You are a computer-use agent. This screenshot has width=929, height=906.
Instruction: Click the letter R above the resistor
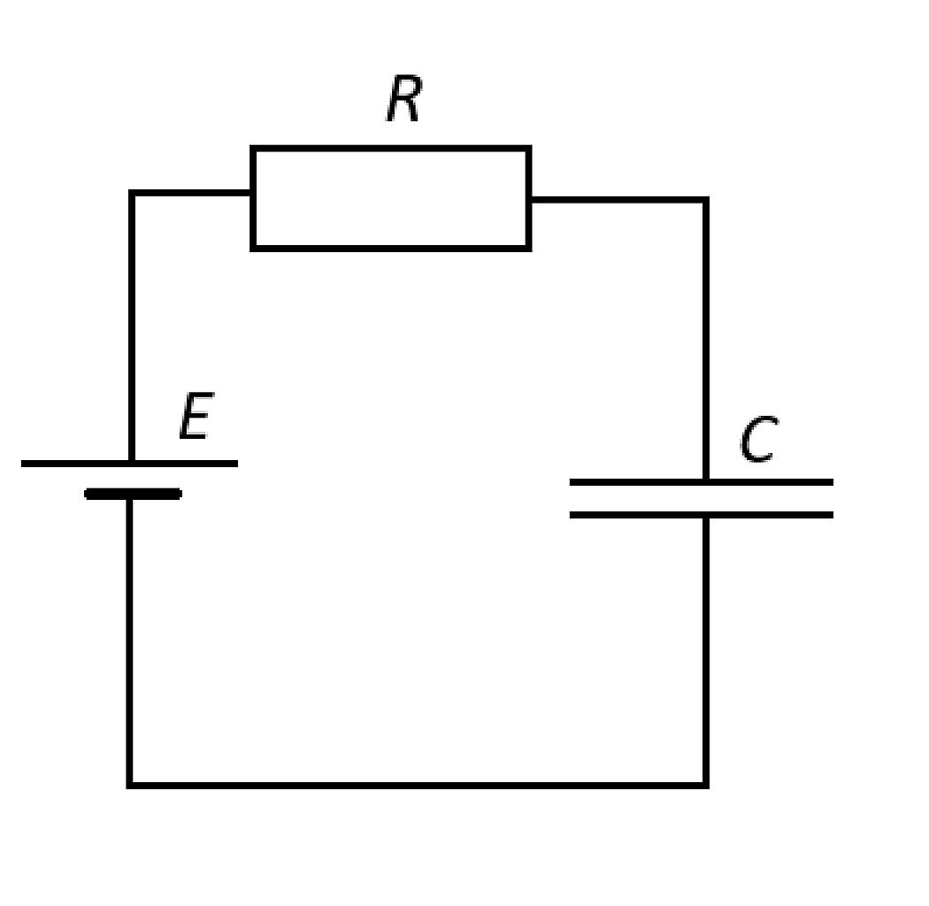pos(404,98)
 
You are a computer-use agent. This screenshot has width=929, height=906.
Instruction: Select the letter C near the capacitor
pos(759,439)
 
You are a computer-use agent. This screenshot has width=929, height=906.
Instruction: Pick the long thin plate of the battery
pos(130,464)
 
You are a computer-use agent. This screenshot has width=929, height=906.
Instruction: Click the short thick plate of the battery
pos(134,494)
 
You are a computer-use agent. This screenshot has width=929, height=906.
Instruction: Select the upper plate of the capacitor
pos(702,482)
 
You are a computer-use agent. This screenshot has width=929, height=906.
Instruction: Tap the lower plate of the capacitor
pos(702,515)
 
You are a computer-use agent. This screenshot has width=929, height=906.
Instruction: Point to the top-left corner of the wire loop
pos(132,193)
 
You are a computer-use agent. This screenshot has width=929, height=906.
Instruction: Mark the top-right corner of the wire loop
pos(706,200)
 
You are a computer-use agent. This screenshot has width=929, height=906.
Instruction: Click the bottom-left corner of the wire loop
pos(130,785)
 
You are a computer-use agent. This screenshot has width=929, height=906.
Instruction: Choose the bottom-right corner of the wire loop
pos(706,785)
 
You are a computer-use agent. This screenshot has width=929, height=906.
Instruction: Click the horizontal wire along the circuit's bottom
pos(418,785)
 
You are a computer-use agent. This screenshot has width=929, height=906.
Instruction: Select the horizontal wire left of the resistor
pos(191,193)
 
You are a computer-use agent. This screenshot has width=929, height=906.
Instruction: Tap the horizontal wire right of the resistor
pos(618,200)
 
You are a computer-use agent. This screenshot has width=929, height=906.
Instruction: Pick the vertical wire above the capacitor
pos(706,339)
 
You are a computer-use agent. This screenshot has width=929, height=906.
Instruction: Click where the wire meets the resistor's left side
pos(252,193)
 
